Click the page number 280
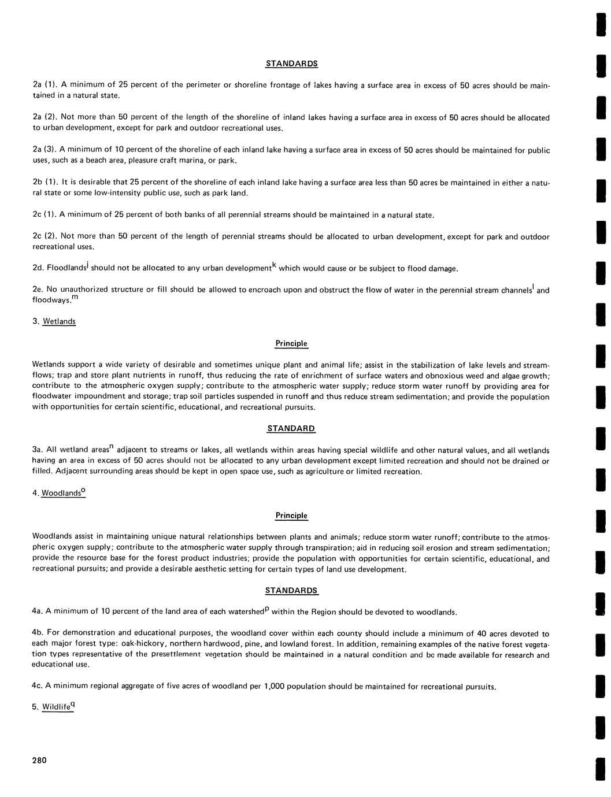click(x=39, y=760)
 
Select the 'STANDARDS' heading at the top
click(x=291, y=64)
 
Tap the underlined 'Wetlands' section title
click(x=59, y=321)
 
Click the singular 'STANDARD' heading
click(x=291, y=429)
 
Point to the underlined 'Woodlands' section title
click(x=61, y=494)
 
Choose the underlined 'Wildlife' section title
click(x=56, y=707)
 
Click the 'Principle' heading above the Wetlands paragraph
click(x=291, y=343)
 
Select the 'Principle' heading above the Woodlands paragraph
click(x=291, y=516)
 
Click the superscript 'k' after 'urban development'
click(x=275, y=265)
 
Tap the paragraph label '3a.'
click(x=38, y=450)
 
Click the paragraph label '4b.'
click(x=38, y=633)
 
